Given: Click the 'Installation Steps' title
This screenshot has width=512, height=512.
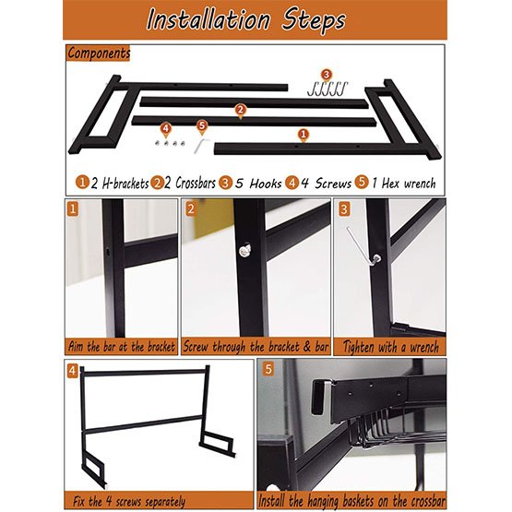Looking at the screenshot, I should pyautogui.click(x=256, y=19).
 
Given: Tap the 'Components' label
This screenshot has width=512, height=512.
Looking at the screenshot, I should pyautogui.click(x=99, y=54).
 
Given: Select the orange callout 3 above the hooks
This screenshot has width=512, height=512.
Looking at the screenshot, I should pyautogui.click(x=326, y=74).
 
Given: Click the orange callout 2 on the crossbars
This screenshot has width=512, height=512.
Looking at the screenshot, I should pyautogui.click(x=240, y=111).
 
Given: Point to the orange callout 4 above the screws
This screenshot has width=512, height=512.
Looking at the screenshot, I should pyautogui.click(x=166, y=128).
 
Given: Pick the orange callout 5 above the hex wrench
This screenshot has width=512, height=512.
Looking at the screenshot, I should pyautogui.click(x=202, y=125).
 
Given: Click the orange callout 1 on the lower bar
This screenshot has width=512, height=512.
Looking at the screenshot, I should pyautogui.click(x=302, y=134).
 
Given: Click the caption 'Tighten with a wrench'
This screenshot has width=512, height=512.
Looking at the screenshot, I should pyautogui.click(x=390, y=347).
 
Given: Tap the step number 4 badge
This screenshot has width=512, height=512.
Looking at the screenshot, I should pyautogui.click(x=73, y=371).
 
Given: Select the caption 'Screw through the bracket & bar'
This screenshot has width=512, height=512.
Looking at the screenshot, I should pyautogui.click(x=256, y=347).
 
